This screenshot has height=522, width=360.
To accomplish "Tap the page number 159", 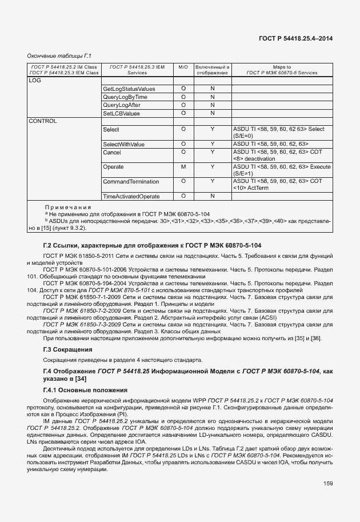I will click(327, 484).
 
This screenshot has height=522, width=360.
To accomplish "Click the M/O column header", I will click(183, 67).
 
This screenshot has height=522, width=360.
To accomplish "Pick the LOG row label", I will click(35, 81).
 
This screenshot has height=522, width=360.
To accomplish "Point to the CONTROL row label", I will click(43, 121).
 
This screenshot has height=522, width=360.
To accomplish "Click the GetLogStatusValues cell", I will click(129, 89).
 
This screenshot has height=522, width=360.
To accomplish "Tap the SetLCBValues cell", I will click(121, 113).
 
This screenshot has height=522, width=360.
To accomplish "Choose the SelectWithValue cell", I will click(124, 144).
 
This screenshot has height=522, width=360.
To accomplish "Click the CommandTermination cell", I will click(130, 181).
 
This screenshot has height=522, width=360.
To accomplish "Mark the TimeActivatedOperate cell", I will click(131, 197).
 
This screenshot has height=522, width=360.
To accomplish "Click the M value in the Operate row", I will click(183, 166).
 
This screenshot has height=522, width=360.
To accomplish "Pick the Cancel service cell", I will click(112, 152).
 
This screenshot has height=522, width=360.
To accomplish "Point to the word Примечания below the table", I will click(68, 207).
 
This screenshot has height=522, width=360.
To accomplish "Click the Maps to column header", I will click(282, 67).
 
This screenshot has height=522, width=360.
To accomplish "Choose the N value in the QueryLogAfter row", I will click(212, 105).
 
